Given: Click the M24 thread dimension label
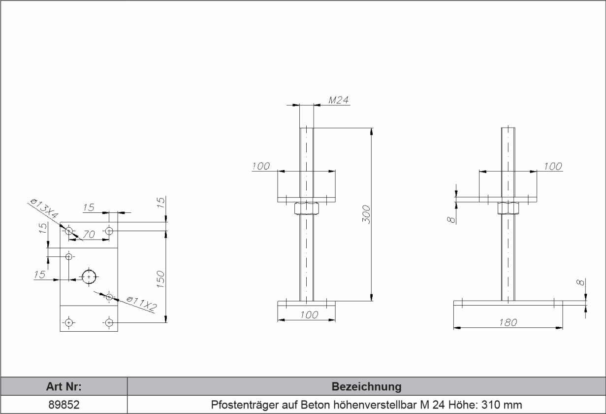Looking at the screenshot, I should tap(338, 100).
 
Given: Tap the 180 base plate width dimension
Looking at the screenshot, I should tap(508, 322).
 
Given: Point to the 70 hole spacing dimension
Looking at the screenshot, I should tap(89, 235).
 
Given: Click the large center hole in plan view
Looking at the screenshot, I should tap(89, 277).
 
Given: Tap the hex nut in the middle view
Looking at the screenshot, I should tap(306, 208).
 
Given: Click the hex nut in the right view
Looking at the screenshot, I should tap(509, 208).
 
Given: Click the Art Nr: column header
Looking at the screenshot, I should tap(64, 385).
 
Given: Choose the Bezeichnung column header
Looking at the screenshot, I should tap(366, 385).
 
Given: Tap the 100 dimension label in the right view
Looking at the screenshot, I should tap(553, 167).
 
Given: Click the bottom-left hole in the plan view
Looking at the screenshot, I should tap(69, 323).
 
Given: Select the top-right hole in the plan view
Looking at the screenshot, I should tap(109, 230).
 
